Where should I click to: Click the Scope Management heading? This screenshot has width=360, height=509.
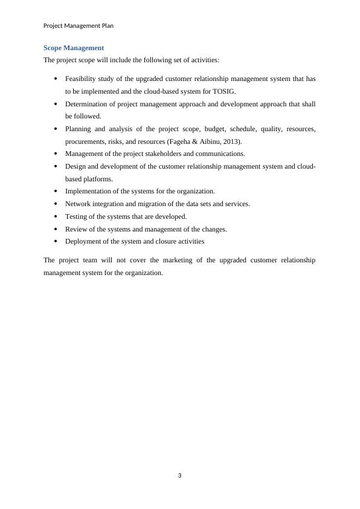pyautogui.click(x=74, y=48)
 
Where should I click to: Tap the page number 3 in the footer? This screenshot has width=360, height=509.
pyautogui.click(x=180, y=475)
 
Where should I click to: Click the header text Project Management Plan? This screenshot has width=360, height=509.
pyautogui.click(x=79, y=26)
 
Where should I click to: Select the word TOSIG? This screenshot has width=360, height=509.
pyautogui.click(x=225, y=91)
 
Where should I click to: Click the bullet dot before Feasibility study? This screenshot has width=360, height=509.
pyautogui.click(x=56, y=79)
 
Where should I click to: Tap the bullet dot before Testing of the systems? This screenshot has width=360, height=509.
pyautogui.click(x=56, y=216)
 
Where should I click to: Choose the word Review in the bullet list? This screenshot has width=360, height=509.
pyautogui.click(x=76, y=229)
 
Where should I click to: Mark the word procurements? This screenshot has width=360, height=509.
pyautogui.click(x=86, y=141)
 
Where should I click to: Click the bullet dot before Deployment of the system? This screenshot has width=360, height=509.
pyautogui.click(x=56, y=241)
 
